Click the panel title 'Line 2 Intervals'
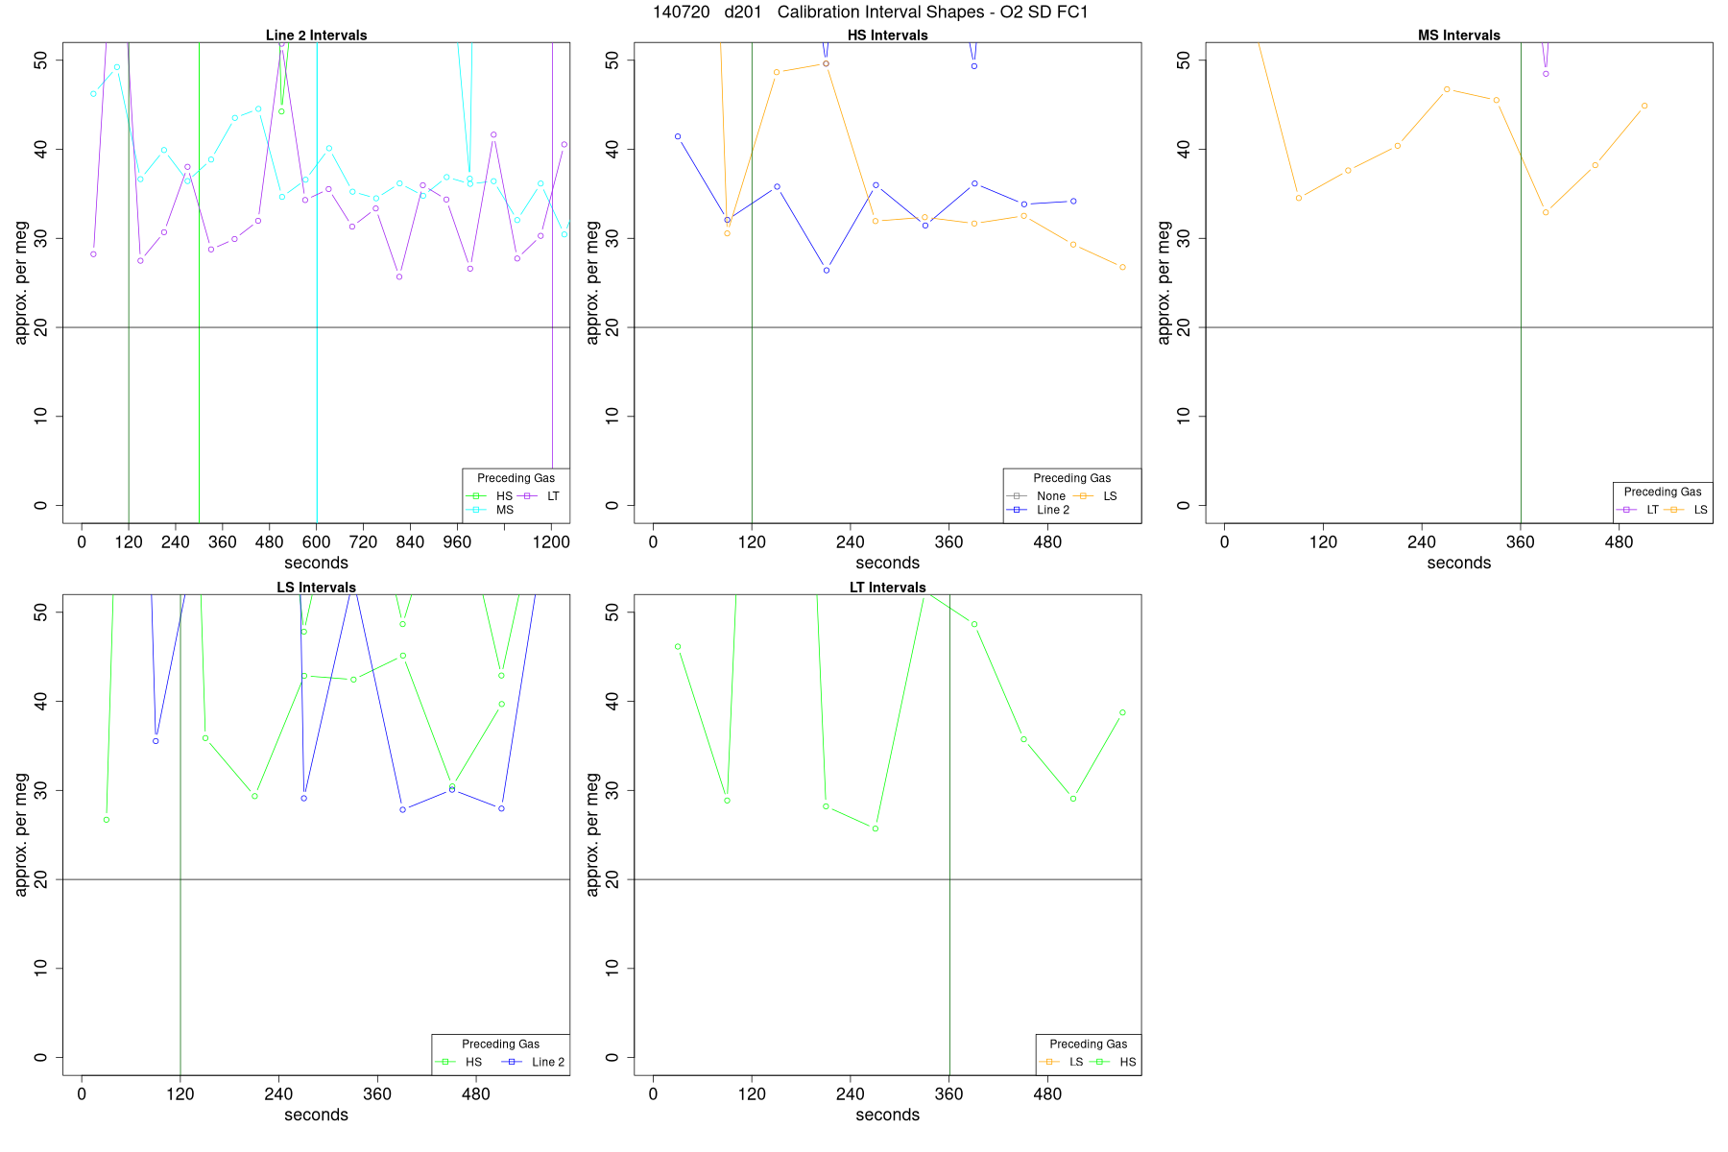(316, 36)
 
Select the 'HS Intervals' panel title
(887, 36)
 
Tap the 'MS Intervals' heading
(1458, 36)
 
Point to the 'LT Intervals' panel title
(887, 588)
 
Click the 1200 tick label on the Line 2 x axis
(550, 542)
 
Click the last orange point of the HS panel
(1122, 267)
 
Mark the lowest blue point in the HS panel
(826, 271)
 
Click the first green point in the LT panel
(678, 647)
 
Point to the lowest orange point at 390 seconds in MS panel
(1546, 212)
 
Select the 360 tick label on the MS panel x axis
(1520, 542)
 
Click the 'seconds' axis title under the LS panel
(316, 1115)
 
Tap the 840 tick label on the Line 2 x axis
(410, 542)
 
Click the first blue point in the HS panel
(678, 136)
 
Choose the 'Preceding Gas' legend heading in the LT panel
(1088, 1044)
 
